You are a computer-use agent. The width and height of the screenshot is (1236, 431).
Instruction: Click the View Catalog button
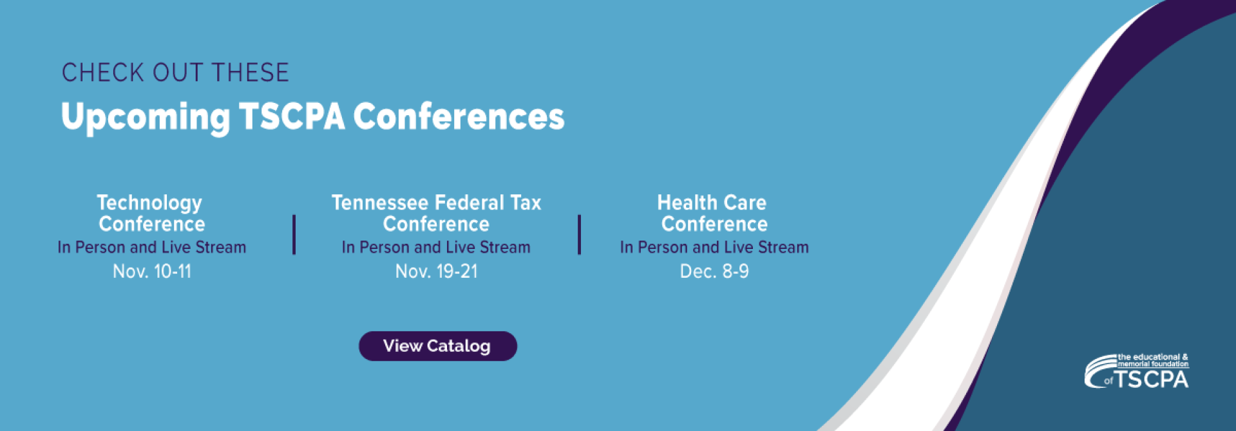point(438,346)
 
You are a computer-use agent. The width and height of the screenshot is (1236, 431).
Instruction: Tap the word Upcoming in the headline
point(146,118)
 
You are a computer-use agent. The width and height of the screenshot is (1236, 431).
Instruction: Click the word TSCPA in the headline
point(292,116)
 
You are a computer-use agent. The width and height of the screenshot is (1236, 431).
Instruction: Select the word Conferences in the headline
point(459,116)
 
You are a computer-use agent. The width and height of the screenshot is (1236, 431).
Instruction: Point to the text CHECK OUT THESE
point(175,73)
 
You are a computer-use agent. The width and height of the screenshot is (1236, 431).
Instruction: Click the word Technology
point(149,204)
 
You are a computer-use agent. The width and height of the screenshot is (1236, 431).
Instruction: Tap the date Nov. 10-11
point(152,271)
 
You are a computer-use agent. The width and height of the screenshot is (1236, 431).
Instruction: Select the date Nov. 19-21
point(437,271)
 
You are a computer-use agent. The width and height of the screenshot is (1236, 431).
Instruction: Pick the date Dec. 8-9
point(714,271)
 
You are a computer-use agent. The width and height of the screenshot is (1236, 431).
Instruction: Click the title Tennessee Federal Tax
point(437,203)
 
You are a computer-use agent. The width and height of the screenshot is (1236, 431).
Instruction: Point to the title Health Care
point(712,203)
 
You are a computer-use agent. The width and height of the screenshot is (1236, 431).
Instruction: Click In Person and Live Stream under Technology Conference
point(152,247)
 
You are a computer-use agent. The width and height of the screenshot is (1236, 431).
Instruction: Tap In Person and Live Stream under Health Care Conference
point(714,247)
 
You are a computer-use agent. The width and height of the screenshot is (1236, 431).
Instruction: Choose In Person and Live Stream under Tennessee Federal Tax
point(436,247)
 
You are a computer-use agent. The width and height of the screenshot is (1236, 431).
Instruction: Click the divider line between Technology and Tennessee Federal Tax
point(294,235)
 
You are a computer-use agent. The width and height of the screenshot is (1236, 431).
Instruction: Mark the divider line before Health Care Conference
point(579,235)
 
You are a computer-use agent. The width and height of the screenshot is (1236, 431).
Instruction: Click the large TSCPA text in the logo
point(1152,380)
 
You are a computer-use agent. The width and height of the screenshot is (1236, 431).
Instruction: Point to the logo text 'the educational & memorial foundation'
point(1153,360)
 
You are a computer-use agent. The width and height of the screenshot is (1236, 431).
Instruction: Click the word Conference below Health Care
point(714,224)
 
